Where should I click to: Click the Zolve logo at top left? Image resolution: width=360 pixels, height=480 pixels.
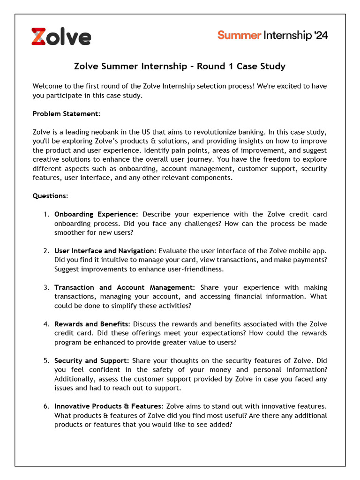[x=61, y=37]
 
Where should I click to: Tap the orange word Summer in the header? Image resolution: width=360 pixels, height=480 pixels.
[x=239, y=36]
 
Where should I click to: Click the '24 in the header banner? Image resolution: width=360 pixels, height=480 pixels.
[x=321, y=36]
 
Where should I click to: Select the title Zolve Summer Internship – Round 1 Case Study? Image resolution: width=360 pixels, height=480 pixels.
[x=180, y=66]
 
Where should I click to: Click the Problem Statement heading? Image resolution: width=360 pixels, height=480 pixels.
[x=66, y=114]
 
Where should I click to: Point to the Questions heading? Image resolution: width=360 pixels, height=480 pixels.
[x=50, y=196]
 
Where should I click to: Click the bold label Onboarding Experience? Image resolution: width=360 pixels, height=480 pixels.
[x=96, y=214]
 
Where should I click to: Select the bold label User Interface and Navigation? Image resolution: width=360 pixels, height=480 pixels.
[x=105, y=251]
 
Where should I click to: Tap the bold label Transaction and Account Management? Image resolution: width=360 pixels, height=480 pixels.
[x=124, y=287]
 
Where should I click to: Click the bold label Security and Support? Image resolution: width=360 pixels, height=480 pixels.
[x=91, y=360]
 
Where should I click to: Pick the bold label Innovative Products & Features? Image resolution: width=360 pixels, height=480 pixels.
[x=109, y=406]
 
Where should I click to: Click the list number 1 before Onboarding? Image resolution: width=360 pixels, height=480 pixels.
[x=46, y=214]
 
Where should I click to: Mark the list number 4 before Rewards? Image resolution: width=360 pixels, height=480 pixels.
[x=46, y=324]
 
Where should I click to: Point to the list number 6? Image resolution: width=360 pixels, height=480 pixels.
[x=46, y=406]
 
